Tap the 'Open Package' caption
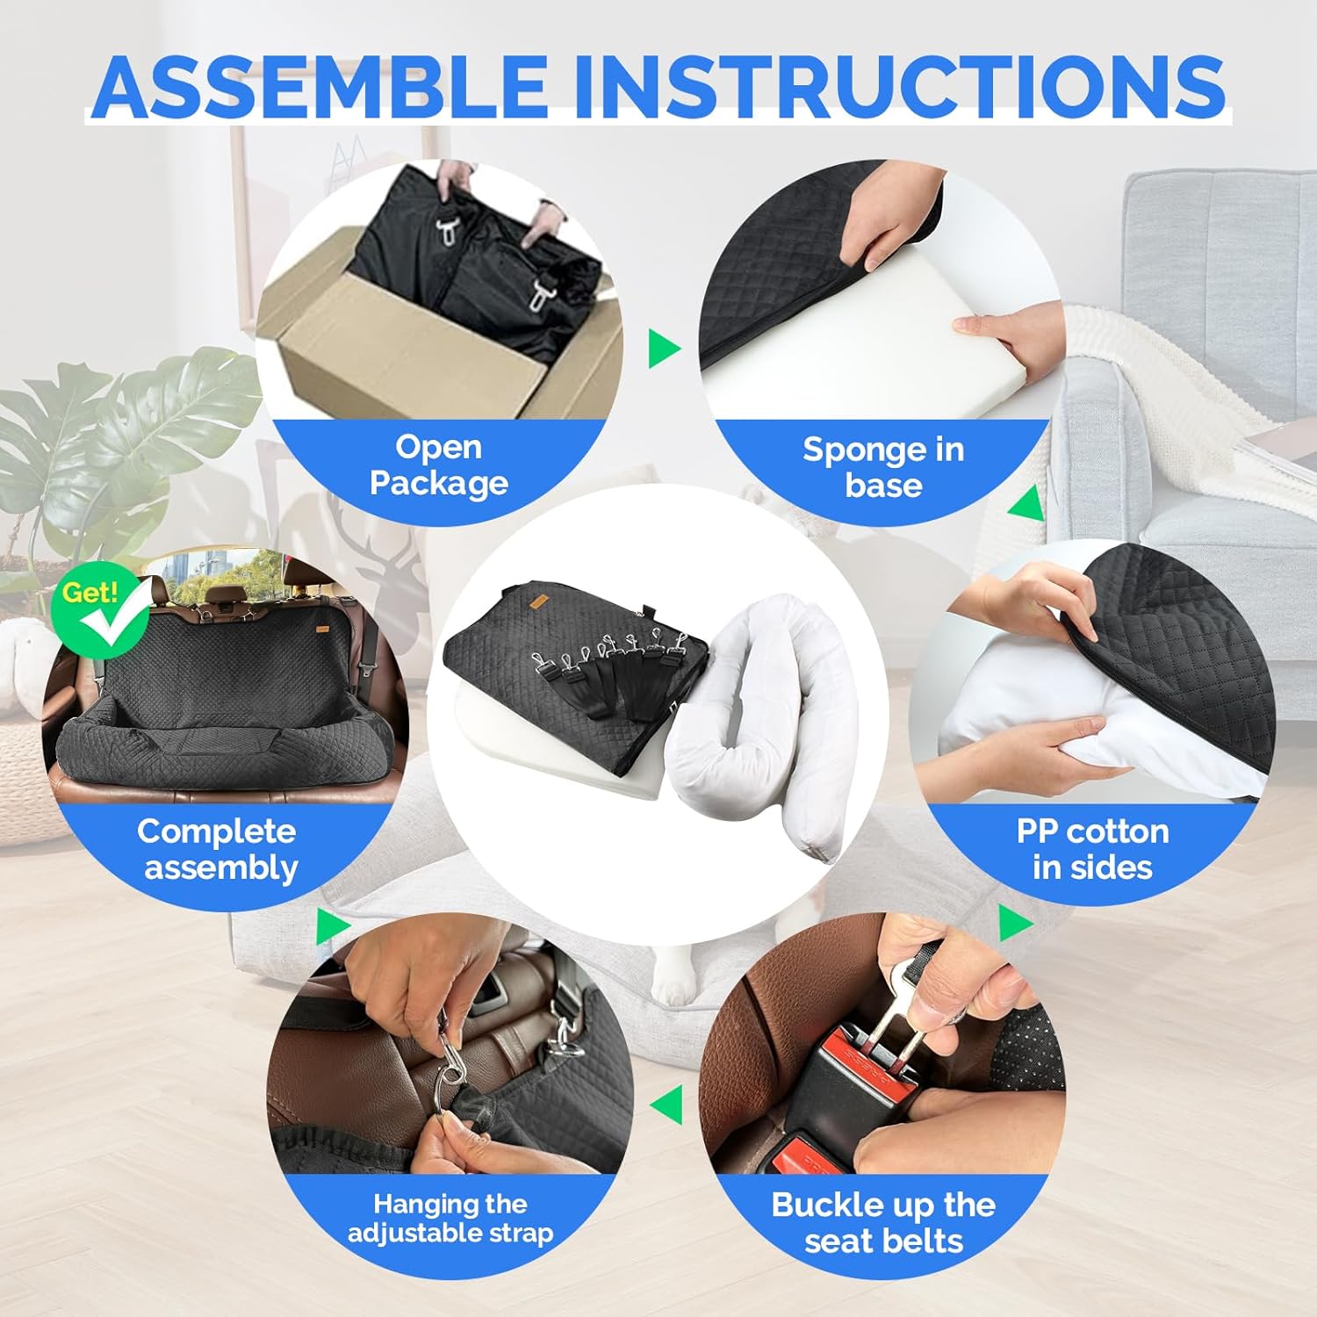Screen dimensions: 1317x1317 (439, 464)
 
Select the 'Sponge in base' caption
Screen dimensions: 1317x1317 (883, 467)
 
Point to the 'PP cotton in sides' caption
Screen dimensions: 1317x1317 (1092, 849)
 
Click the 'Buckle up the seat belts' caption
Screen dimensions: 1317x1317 (883, 1222)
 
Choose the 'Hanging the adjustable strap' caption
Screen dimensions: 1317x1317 (450, 1218)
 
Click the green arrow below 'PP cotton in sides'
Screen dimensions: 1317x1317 (1015, 923)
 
